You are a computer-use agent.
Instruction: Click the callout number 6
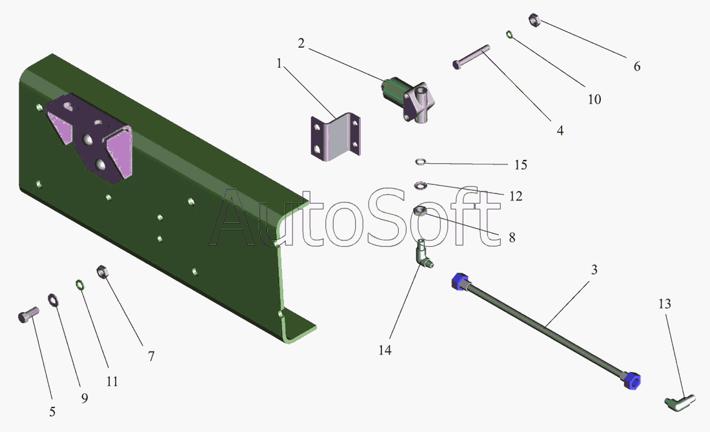point(636,66)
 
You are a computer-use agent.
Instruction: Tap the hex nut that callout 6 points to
point(535,19)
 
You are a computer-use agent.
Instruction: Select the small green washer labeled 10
point(510,34)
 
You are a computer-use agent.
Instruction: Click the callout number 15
point(520,165)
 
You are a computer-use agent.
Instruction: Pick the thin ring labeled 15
point(420,161)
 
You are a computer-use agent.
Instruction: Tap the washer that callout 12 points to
point(420,186)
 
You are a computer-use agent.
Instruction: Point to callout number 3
point(594,270)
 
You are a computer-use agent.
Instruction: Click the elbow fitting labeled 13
point(678,402)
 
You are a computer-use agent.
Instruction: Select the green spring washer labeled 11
point(79,284)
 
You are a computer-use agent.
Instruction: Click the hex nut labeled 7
point(102,271)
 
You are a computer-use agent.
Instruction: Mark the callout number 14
point(385,350)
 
